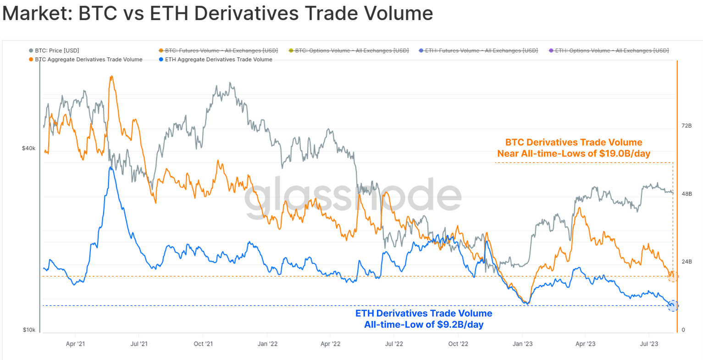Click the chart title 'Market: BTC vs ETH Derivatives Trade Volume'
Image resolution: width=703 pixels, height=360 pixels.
coord(217,13)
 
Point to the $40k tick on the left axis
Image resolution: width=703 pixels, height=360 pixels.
coord(28,148)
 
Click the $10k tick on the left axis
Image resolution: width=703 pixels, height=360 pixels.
coord(28,330)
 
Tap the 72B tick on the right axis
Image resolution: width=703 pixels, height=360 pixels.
coord(686,126)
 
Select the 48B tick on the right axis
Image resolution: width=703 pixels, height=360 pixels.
coord(686,194)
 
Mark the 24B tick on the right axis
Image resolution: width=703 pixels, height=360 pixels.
coord(686,262)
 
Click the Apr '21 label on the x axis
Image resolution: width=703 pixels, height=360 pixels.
coord(75,343)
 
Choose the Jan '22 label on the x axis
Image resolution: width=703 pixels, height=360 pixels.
coord(267,343)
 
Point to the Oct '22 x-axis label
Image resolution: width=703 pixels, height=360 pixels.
coord(458,343)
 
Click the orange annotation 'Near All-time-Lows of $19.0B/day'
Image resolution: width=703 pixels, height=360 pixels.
coord(574,154)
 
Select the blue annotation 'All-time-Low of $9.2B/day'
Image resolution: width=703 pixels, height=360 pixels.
coord(424,325)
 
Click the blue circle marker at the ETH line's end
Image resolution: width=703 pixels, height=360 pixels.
coord(673,305)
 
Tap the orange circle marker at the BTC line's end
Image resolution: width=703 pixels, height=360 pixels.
coord(673,276)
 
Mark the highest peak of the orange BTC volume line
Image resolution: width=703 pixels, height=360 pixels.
coord(111,77)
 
